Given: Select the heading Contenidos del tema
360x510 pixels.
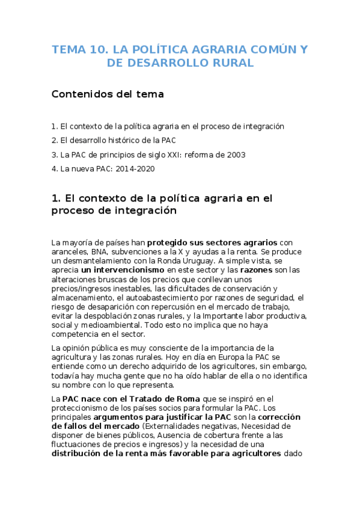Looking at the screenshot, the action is click(108, 94).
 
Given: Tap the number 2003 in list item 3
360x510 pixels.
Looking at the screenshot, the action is click(236, 155).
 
